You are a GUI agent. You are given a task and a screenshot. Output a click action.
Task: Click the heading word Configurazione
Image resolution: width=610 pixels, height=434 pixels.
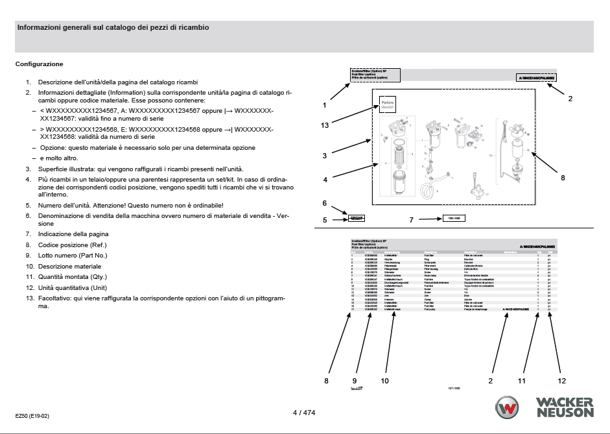39,64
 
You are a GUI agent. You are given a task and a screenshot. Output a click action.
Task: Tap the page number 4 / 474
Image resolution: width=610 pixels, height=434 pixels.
305,412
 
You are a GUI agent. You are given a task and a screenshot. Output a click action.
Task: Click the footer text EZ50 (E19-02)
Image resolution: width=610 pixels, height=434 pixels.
32,415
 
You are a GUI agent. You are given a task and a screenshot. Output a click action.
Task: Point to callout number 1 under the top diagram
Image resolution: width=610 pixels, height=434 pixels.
324,104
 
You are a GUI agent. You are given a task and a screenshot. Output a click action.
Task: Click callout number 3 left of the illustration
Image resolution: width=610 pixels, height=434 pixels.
324,156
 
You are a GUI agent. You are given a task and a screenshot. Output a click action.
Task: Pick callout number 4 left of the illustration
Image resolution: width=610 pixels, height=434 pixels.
324,179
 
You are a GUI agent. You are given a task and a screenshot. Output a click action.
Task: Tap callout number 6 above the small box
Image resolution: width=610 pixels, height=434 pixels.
324,203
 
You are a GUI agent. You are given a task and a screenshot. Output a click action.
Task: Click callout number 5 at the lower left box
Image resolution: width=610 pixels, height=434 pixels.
324,220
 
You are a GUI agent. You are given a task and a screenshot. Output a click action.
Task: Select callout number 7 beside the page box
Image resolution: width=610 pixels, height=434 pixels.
411,220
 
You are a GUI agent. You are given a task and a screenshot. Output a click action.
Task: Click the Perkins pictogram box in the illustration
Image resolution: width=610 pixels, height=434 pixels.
388,104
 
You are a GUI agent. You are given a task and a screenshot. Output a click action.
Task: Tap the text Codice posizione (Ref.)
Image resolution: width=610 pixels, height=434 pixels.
72,245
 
